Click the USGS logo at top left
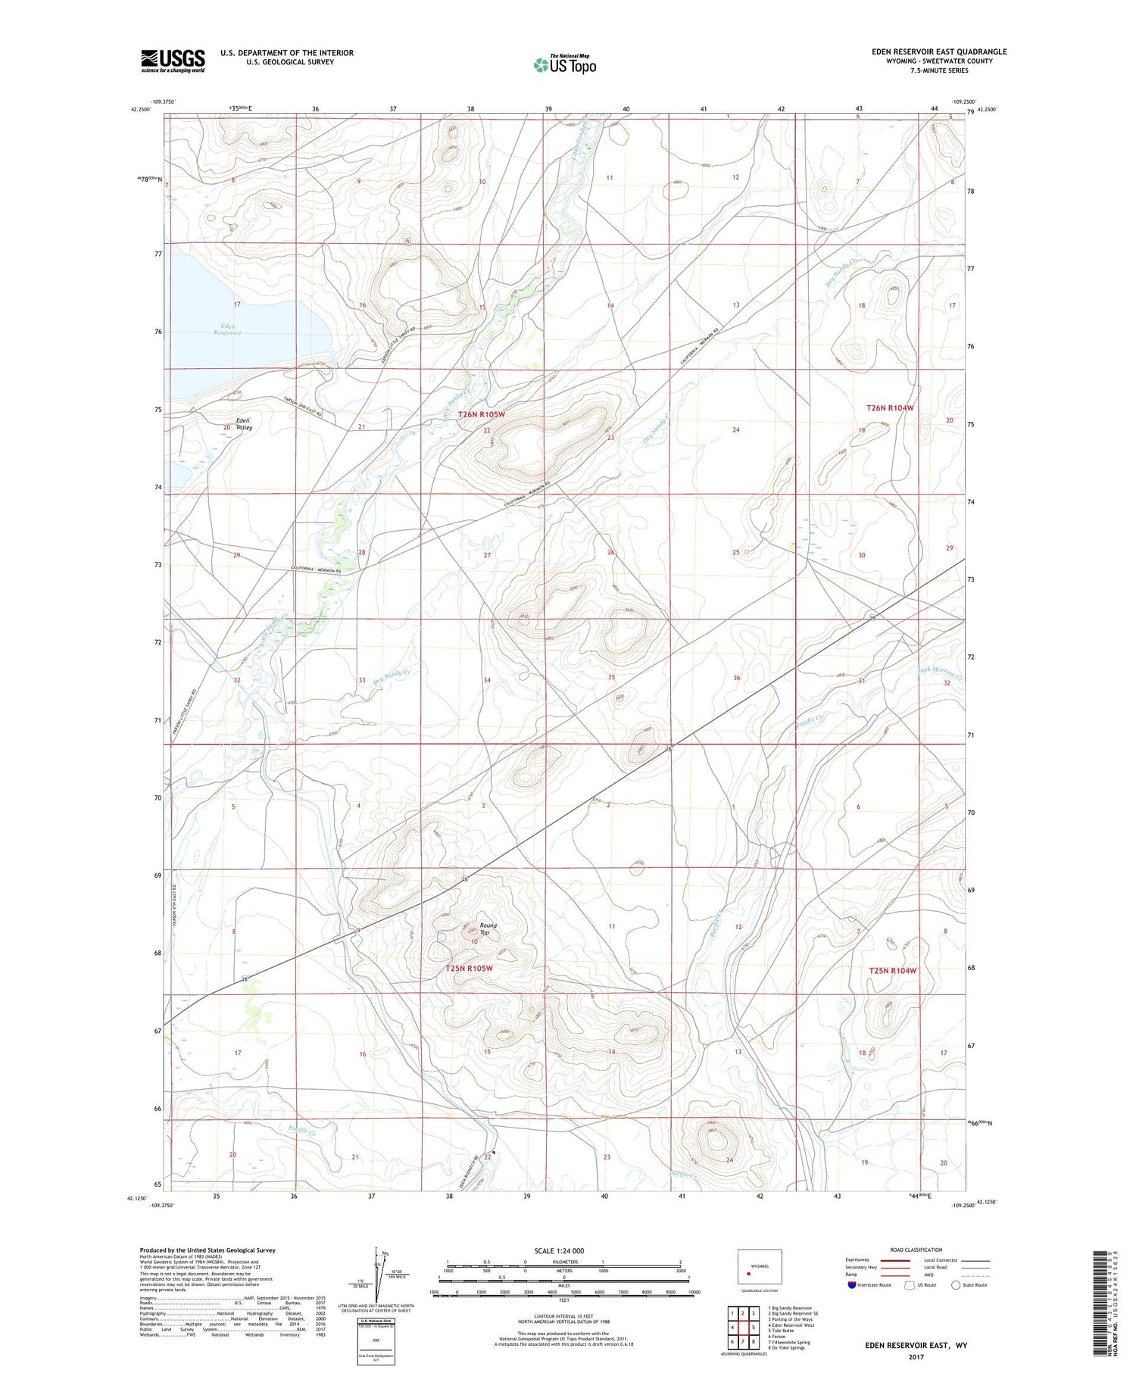[x=173, y=61]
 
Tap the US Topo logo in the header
[x=564, y=65]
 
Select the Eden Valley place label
[x=243, y=424]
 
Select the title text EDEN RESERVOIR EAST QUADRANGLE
[x=939, y=51]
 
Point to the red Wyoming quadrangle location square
[x=749, y=1273]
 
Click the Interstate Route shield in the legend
[x=851, y=1285]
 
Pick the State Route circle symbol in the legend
[x=956, y=1284]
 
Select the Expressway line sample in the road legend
[x=894, y=1260]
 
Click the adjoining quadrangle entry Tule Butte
[x=780, y=1330]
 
